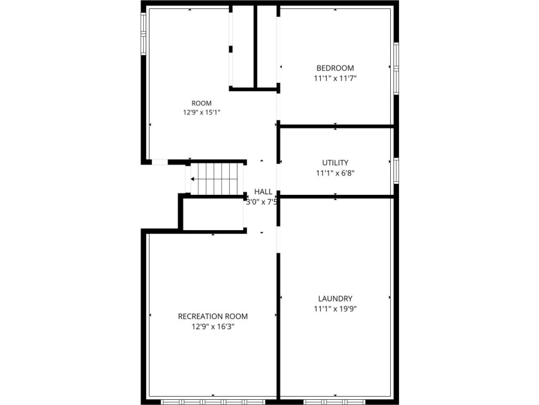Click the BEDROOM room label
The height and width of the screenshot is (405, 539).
coord(335,68)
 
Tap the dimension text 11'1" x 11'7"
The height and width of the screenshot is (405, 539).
coord(335,78)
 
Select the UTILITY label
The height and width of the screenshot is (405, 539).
coord(335,163)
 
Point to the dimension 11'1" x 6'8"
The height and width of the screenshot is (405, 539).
coord(335,173)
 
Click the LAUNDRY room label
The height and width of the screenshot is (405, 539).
coord(335,298)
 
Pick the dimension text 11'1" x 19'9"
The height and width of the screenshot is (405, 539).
coord(335,309)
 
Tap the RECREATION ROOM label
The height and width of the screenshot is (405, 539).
coord(213,316)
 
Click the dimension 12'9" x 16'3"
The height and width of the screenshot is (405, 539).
coord(213,327)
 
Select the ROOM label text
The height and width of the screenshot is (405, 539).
coord(201,103)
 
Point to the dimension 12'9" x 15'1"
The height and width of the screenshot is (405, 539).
coord(201,113)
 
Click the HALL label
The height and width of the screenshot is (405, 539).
coord(263,192)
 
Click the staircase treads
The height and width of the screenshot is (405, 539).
coord(217,179)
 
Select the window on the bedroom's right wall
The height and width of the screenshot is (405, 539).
coord(397,68)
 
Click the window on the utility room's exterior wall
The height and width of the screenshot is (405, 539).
coord(397,170)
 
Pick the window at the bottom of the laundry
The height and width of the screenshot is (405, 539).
coord(335,402)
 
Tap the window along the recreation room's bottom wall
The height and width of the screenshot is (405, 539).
coord(213,402)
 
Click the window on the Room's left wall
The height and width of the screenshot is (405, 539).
coord(143,33)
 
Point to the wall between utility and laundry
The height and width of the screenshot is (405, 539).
coord(336,197)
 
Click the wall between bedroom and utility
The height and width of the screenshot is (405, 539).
coord(336,127)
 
